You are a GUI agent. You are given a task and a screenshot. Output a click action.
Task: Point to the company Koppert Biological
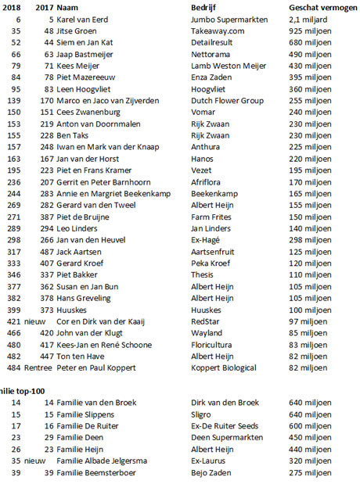229,367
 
